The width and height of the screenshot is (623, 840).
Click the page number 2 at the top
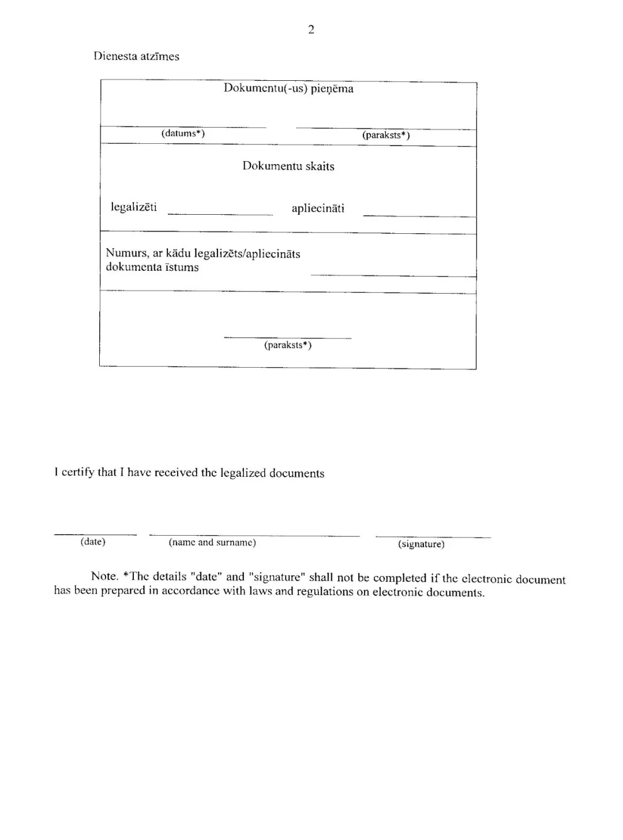[311, 30]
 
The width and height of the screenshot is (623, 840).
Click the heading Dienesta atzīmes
[136, 57]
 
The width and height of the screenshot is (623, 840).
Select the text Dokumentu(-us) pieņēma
[288, 89]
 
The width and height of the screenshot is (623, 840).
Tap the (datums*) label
[183, 133]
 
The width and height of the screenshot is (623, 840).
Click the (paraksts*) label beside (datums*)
[386, 135]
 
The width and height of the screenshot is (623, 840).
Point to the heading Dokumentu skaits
[288, 166]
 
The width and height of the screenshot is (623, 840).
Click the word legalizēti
[134, 207]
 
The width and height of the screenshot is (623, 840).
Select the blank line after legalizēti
[220, 214]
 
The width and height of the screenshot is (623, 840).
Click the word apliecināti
[318, 209]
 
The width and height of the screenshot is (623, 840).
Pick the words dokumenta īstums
[152, 267]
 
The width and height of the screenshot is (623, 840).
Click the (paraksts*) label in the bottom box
[288, 345]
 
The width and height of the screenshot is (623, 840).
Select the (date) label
[93, 542]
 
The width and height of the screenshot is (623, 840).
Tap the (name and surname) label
[212, 543]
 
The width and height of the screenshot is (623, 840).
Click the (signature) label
[421, 544]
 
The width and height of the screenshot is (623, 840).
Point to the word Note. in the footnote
[104, 576]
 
